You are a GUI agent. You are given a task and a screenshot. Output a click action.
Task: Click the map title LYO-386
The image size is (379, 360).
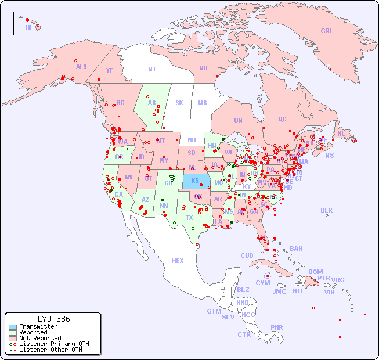53,319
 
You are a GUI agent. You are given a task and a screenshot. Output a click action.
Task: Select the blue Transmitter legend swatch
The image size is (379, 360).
12,327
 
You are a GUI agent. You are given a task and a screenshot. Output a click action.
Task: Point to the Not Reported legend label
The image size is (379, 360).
40,338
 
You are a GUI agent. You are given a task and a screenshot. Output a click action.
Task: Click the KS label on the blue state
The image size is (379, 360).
195,181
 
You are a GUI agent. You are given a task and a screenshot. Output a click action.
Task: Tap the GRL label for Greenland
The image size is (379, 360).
327,31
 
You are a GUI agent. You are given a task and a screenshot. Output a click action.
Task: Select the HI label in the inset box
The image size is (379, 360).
28,27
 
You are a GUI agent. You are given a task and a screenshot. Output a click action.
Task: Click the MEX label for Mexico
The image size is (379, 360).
178,261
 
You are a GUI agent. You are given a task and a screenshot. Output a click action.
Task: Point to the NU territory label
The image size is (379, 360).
203,68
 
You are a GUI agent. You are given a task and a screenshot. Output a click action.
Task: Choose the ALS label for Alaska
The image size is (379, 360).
81,67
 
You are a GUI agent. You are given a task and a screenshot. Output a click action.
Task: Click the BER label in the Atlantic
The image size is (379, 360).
327,210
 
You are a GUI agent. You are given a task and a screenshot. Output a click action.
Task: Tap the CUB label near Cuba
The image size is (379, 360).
247,255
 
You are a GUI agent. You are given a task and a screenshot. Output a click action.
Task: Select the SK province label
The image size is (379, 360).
179,103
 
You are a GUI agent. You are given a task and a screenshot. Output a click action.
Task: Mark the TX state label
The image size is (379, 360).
189,218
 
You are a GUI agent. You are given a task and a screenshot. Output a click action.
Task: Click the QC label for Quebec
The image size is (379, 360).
282,119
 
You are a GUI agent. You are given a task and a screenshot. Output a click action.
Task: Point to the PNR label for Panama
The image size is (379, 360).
277,327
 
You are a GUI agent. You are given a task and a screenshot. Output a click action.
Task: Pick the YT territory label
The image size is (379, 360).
109,70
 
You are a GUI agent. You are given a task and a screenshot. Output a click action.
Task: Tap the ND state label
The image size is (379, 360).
192,140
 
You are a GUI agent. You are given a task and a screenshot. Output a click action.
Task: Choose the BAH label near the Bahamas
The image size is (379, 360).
296,249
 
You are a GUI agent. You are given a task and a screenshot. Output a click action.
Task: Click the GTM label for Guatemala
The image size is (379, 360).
214,311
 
